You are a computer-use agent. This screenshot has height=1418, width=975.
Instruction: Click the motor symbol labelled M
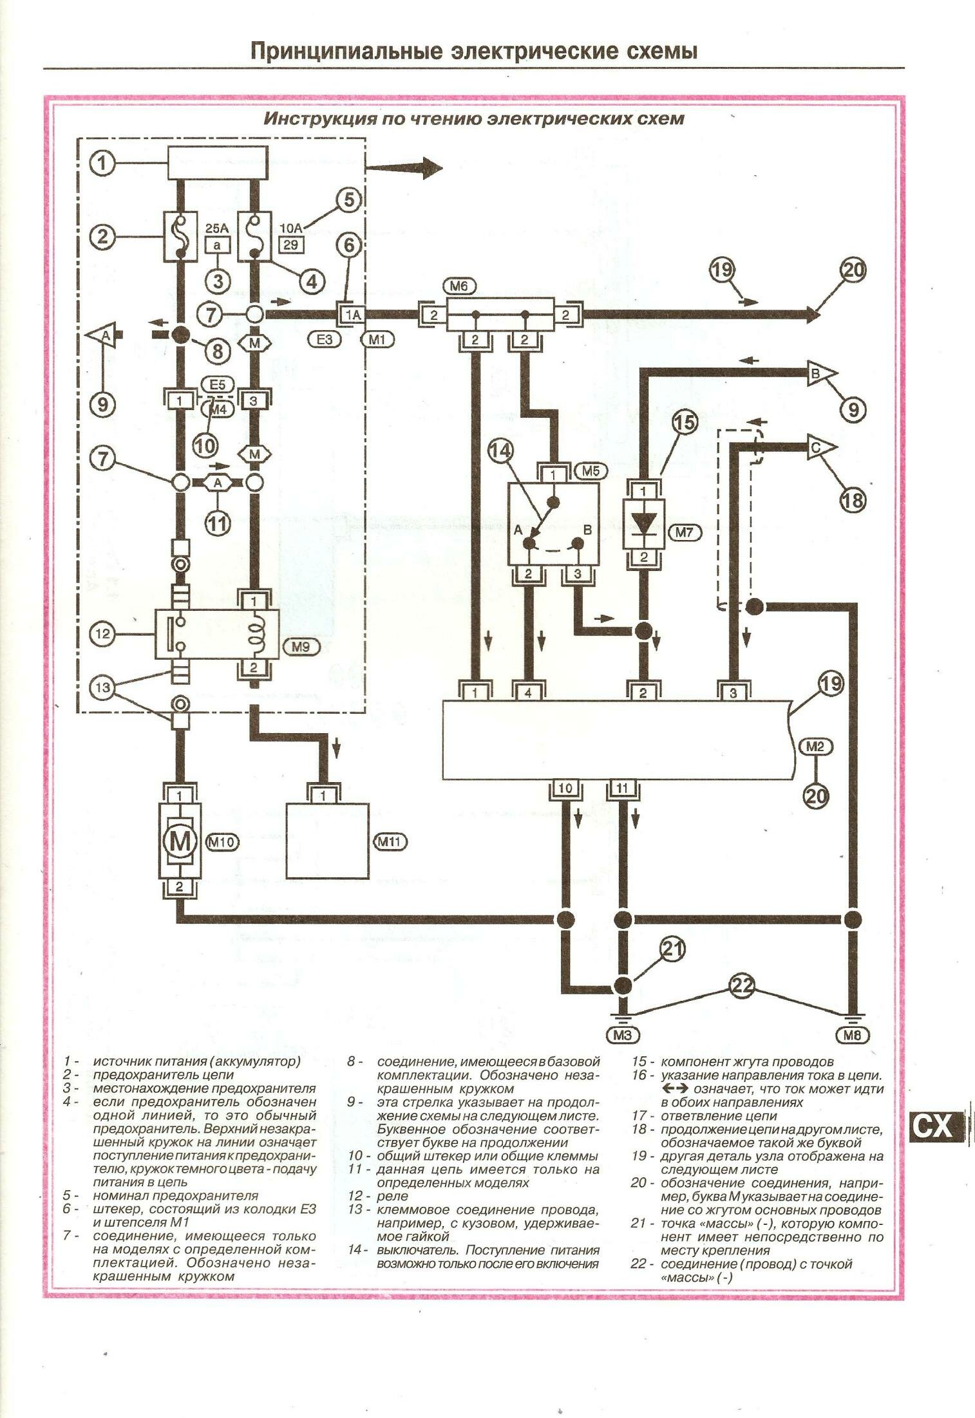click(180, 841)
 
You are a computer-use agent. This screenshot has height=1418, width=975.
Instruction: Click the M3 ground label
click(622, 1035)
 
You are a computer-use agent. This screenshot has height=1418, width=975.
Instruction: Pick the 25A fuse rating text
click(217, 228)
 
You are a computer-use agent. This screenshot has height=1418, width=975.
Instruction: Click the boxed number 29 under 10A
click(291, 245)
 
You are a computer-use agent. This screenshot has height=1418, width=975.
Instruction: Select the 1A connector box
click(352, 315)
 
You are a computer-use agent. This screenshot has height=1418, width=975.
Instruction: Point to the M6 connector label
click(459, 284)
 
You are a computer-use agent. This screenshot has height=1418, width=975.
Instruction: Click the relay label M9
click(300, 648)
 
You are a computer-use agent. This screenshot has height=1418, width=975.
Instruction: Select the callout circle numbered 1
click(101, 163)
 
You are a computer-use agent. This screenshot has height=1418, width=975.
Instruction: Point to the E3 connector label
click(324, 338)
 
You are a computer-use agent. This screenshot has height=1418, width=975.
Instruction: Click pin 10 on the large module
click(565, 789)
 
